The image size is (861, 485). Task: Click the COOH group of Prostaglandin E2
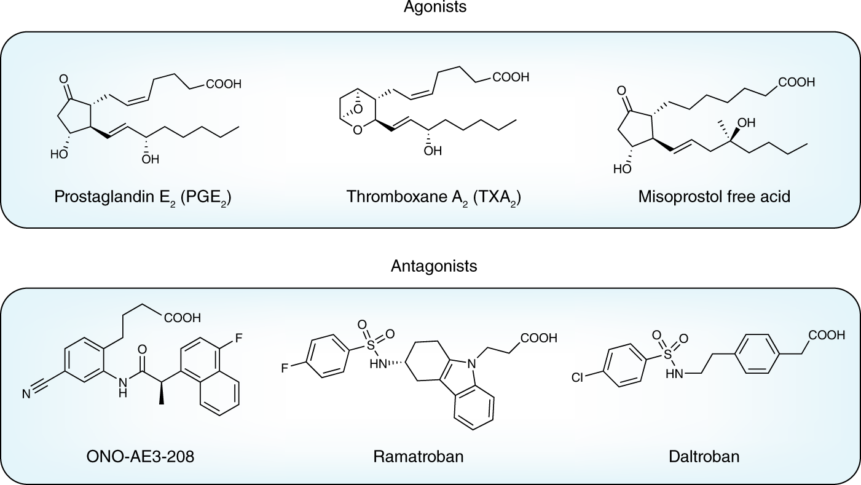pos(224,85)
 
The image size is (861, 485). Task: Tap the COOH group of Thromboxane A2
pos(509,78)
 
